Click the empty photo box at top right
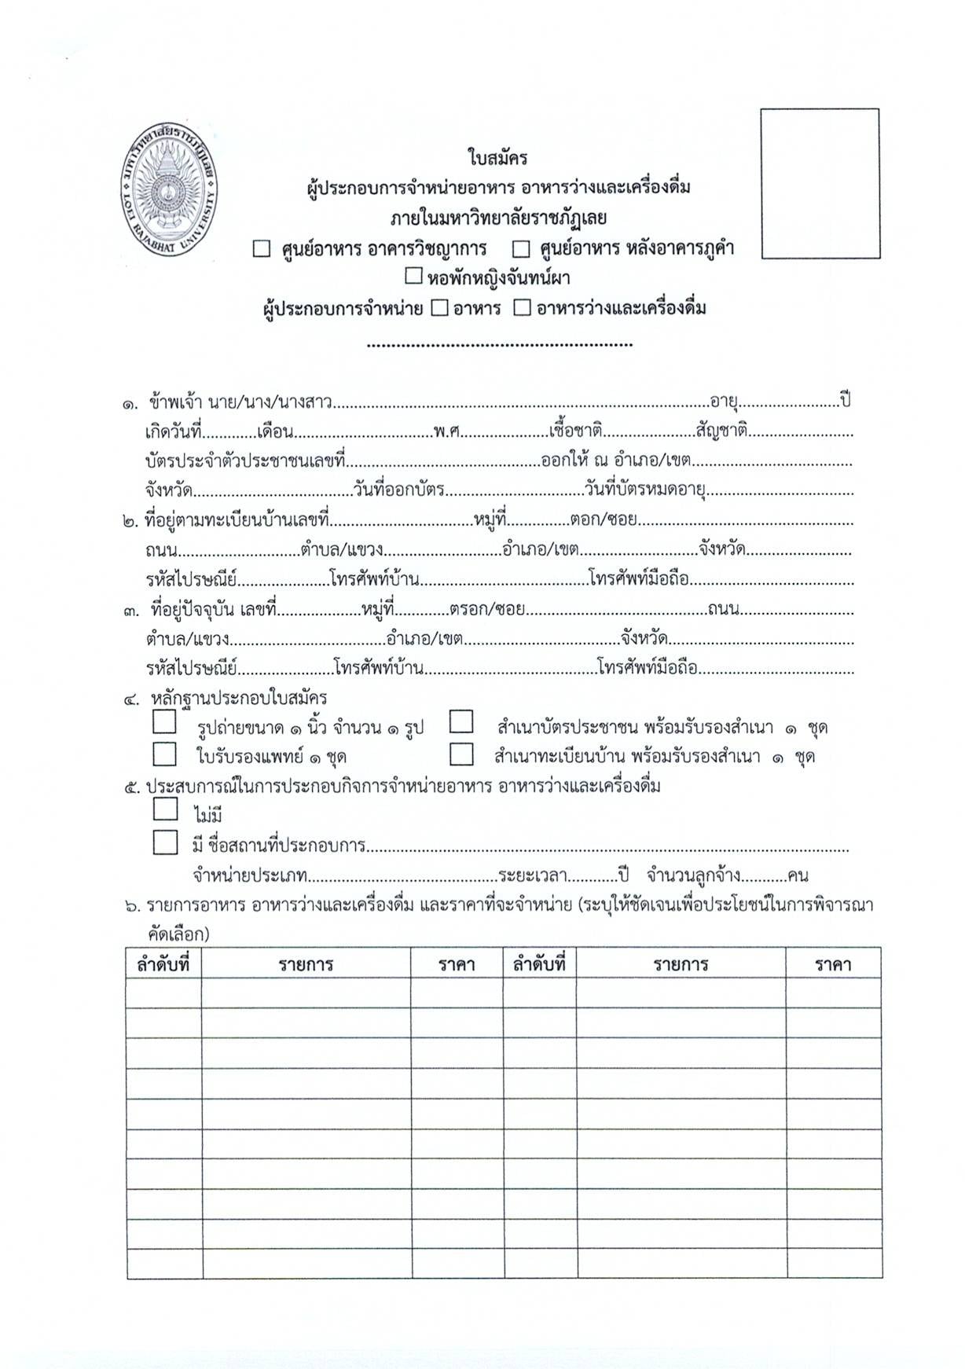[x=820, y=183]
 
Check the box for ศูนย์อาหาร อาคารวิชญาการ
[x=262, y=249]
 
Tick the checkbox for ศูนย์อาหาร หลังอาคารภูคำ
[x=520, y=249]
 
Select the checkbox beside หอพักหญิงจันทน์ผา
[x=413, y=277]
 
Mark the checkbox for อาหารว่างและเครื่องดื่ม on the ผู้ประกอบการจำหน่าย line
[x=522, y=307]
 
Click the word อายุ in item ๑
[x=724, y=402]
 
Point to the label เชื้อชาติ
[x=576, y=431]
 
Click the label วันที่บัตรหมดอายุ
[x=644, y=490]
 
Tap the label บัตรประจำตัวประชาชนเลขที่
[x=245, y=461]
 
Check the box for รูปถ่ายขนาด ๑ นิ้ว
[x=165, y=722]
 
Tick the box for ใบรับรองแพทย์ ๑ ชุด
[x=165, y=754]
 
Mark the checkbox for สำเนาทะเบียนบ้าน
[x=461, y=754]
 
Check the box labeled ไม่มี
[x=165, y=809]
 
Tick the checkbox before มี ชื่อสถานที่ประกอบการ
[x=165, y=842]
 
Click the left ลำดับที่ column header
[x=163, y=963]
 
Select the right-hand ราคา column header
[x=833, y=963]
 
